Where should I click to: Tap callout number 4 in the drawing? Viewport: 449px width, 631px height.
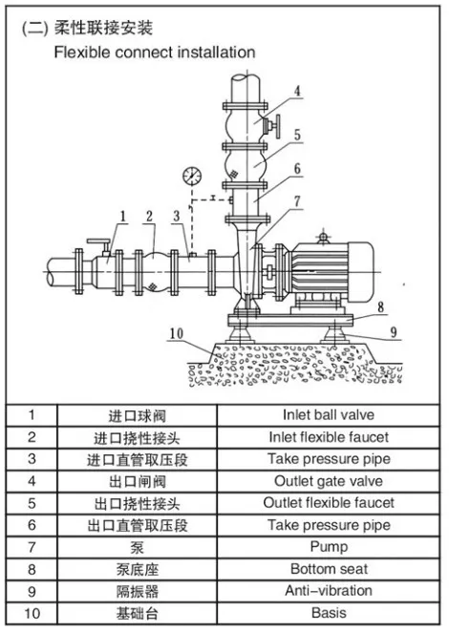(x=297, y=92)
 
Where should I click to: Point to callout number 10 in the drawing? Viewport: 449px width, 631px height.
(x=176, y=333)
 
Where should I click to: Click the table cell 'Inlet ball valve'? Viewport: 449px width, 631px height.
(x=329, y=415)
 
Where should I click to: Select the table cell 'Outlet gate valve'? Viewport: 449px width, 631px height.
(x=329, y=481)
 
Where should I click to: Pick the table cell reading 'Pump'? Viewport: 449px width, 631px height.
(x=329, y=547)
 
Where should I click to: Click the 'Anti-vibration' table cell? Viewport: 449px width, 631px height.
(x=329, y=591)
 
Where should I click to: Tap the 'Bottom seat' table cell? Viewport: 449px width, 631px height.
(x=329, y=569)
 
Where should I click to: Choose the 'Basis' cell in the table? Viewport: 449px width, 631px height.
(x=329, y=613)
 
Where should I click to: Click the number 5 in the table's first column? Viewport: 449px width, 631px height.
(x=32, y=503)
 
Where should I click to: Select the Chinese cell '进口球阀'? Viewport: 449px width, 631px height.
(x=137, y=416)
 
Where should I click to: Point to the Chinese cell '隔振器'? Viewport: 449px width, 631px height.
(x=137, y=592)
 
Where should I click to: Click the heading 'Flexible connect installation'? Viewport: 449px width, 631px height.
(x=154, y=52)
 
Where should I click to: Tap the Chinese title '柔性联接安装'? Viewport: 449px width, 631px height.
(x=104, y=30)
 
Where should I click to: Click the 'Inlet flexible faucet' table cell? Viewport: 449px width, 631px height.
(x=329, y=437)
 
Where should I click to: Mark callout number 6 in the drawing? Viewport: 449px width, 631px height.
(x=297, y=168)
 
